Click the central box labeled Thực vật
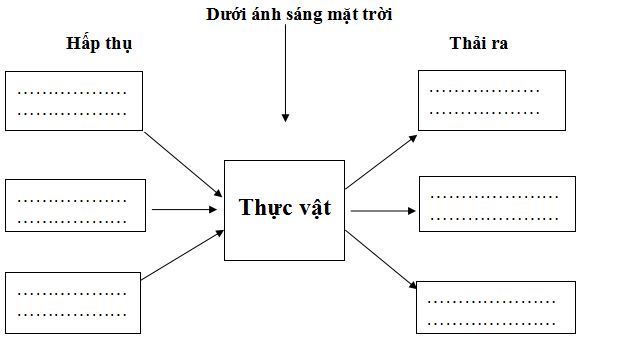point(284,209)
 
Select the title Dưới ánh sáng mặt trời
point(299,15)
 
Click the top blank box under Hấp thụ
point(75,101)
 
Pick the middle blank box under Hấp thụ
point(75,206)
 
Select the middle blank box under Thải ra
point(497,204)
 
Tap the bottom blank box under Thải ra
point(496,307)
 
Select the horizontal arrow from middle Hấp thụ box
point(185,210)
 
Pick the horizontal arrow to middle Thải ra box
point(382,211)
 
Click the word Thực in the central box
point(262,208)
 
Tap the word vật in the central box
point(310,208)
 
